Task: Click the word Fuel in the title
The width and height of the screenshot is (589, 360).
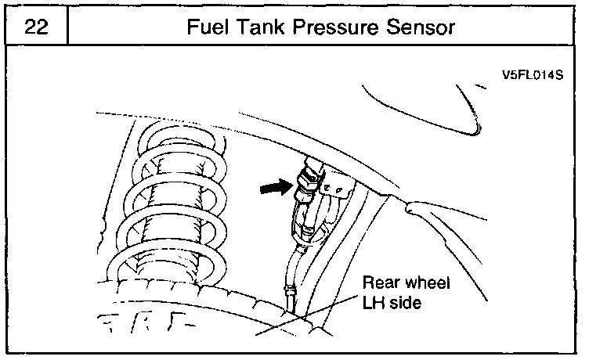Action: pos(207,27)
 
